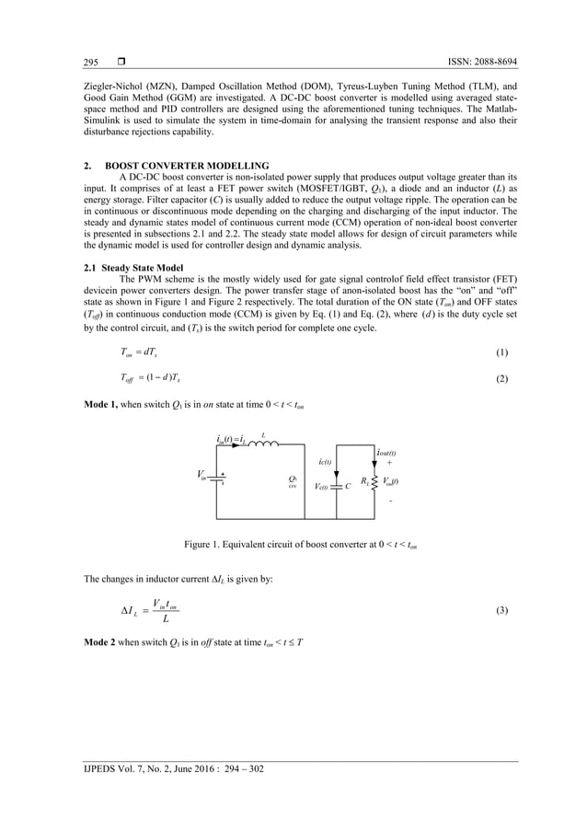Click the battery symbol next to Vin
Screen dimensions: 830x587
[221, 478]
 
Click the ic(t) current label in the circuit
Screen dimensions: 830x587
[326, 462]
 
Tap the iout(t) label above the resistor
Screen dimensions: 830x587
[386, 453]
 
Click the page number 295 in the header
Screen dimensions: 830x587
[91, 62]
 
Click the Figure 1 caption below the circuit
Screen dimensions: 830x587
[293, 545]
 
